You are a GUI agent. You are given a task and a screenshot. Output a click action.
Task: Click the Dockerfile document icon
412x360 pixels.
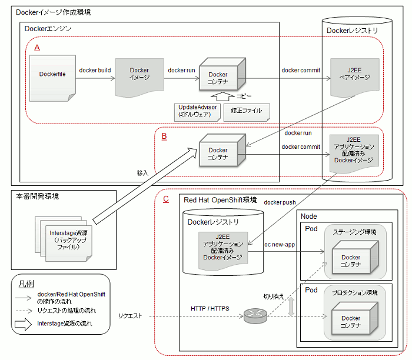pyautogui.click(x=52, y=78)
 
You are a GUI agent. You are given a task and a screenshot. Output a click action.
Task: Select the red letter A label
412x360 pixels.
pyautogui.click(x=37, y=48)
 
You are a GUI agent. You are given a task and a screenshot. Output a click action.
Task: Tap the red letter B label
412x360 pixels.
pyautogui.click(x=164, y=136)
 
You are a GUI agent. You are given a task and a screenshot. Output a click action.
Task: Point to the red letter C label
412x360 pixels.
pyautogui.click(x=166, y=199)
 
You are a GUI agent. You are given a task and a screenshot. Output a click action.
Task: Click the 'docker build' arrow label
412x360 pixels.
pyautogui.click(x=95, y=71)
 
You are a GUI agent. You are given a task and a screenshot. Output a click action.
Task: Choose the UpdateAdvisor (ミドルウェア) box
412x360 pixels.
pyautogui.click(x=197, y=112)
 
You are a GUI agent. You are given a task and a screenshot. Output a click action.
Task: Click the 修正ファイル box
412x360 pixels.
pyautogui.click(x=247, y=112)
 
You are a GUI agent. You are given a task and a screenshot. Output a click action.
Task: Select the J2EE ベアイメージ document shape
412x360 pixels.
pyautogui.click(x=355, y=78)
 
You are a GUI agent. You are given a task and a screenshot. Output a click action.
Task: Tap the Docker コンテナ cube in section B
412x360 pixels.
pyautogui.click(x=222, y=150)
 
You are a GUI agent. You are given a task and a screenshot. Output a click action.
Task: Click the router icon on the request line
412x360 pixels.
pyautogui.click(x=255, y=316)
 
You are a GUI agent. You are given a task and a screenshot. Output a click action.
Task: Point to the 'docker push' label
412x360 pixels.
pyautogui.click(x=280, y=202)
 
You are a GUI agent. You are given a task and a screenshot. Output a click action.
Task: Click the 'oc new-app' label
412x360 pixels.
pyautogui.click(x=280, y=245)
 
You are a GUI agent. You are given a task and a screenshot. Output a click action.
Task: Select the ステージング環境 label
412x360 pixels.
pyautogui.click(x=354, y=232)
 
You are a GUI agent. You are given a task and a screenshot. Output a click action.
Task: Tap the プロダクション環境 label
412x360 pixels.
pyautogui.click(x=355, y=292)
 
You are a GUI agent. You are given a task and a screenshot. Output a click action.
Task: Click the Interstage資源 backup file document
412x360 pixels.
pyautogui.click(x=69, y=244)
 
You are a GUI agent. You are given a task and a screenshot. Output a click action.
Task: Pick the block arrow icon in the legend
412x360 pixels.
pyautogui.click(x=23, y=324)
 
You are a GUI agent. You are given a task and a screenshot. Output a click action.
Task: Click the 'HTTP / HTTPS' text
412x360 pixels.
pyautogui.click(x=210, y=309)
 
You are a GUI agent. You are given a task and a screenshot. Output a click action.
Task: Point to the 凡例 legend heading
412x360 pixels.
pyautogui.click(x=26, y=284)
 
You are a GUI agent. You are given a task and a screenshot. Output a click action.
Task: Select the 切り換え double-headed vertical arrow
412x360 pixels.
pyautogui.click(x=291, y=306)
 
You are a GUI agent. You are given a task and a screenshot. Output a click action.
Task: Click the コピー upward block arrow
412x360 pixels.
pyautogui.click(x=222, y=96)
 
